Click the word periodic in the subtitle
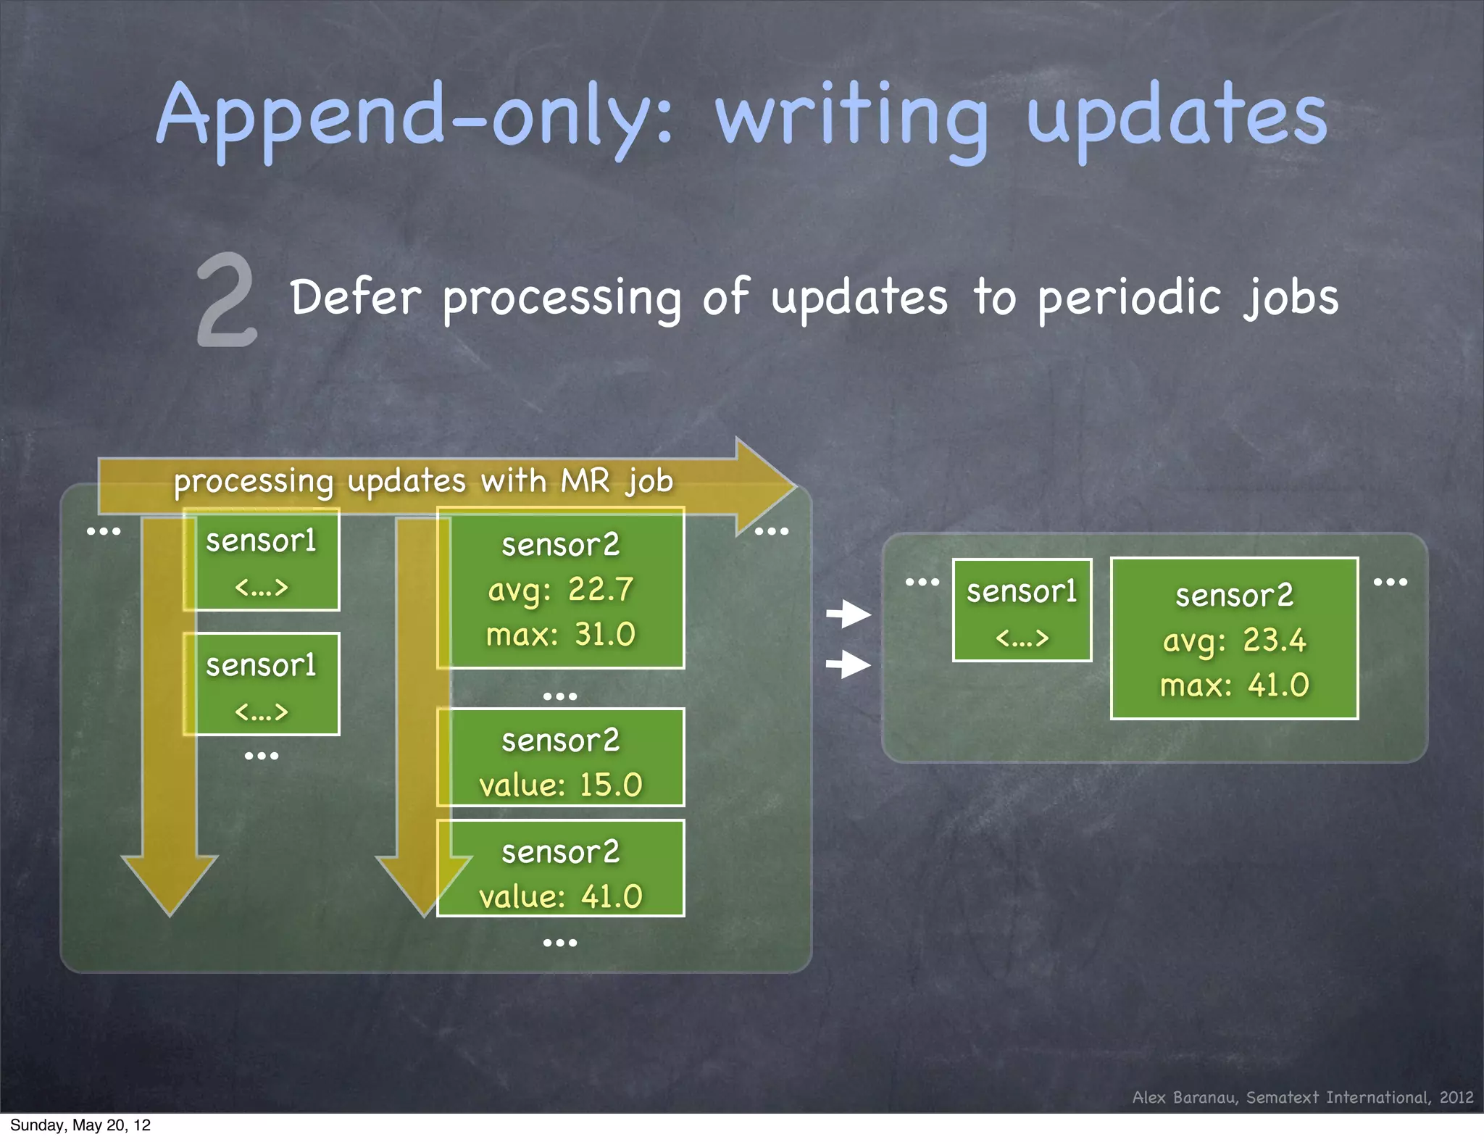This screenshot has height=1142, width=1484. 1129,299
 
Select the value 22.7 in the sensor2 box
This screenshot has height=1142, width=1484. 601,589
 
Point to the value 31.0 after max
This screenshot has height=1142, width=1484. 604,635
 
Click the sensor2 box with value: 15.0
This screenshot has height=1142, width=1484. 560,758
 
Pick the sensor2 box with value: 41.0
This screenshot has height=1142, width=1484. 560,869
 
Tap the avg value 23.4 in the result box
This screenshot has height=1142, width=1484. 1274,641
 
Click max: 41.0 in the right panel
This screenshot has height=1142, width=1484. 1234,685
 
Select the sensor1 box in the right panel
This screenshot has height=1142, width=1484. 1022,610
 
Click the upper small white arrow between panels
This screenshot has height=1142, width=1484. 849,614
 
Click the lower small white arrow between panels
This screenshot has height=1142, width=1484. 849,664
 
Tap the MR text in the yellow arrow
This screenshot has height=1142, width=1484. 585,481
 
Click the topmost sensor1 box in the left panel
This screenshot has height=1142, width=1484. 262,559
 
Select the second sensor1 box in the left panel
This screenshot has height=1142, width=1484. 262,684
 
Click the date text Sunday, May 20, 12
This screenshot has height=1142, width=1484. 80,1125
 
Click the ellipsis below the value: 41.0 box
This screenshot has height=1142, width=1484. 560,943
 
